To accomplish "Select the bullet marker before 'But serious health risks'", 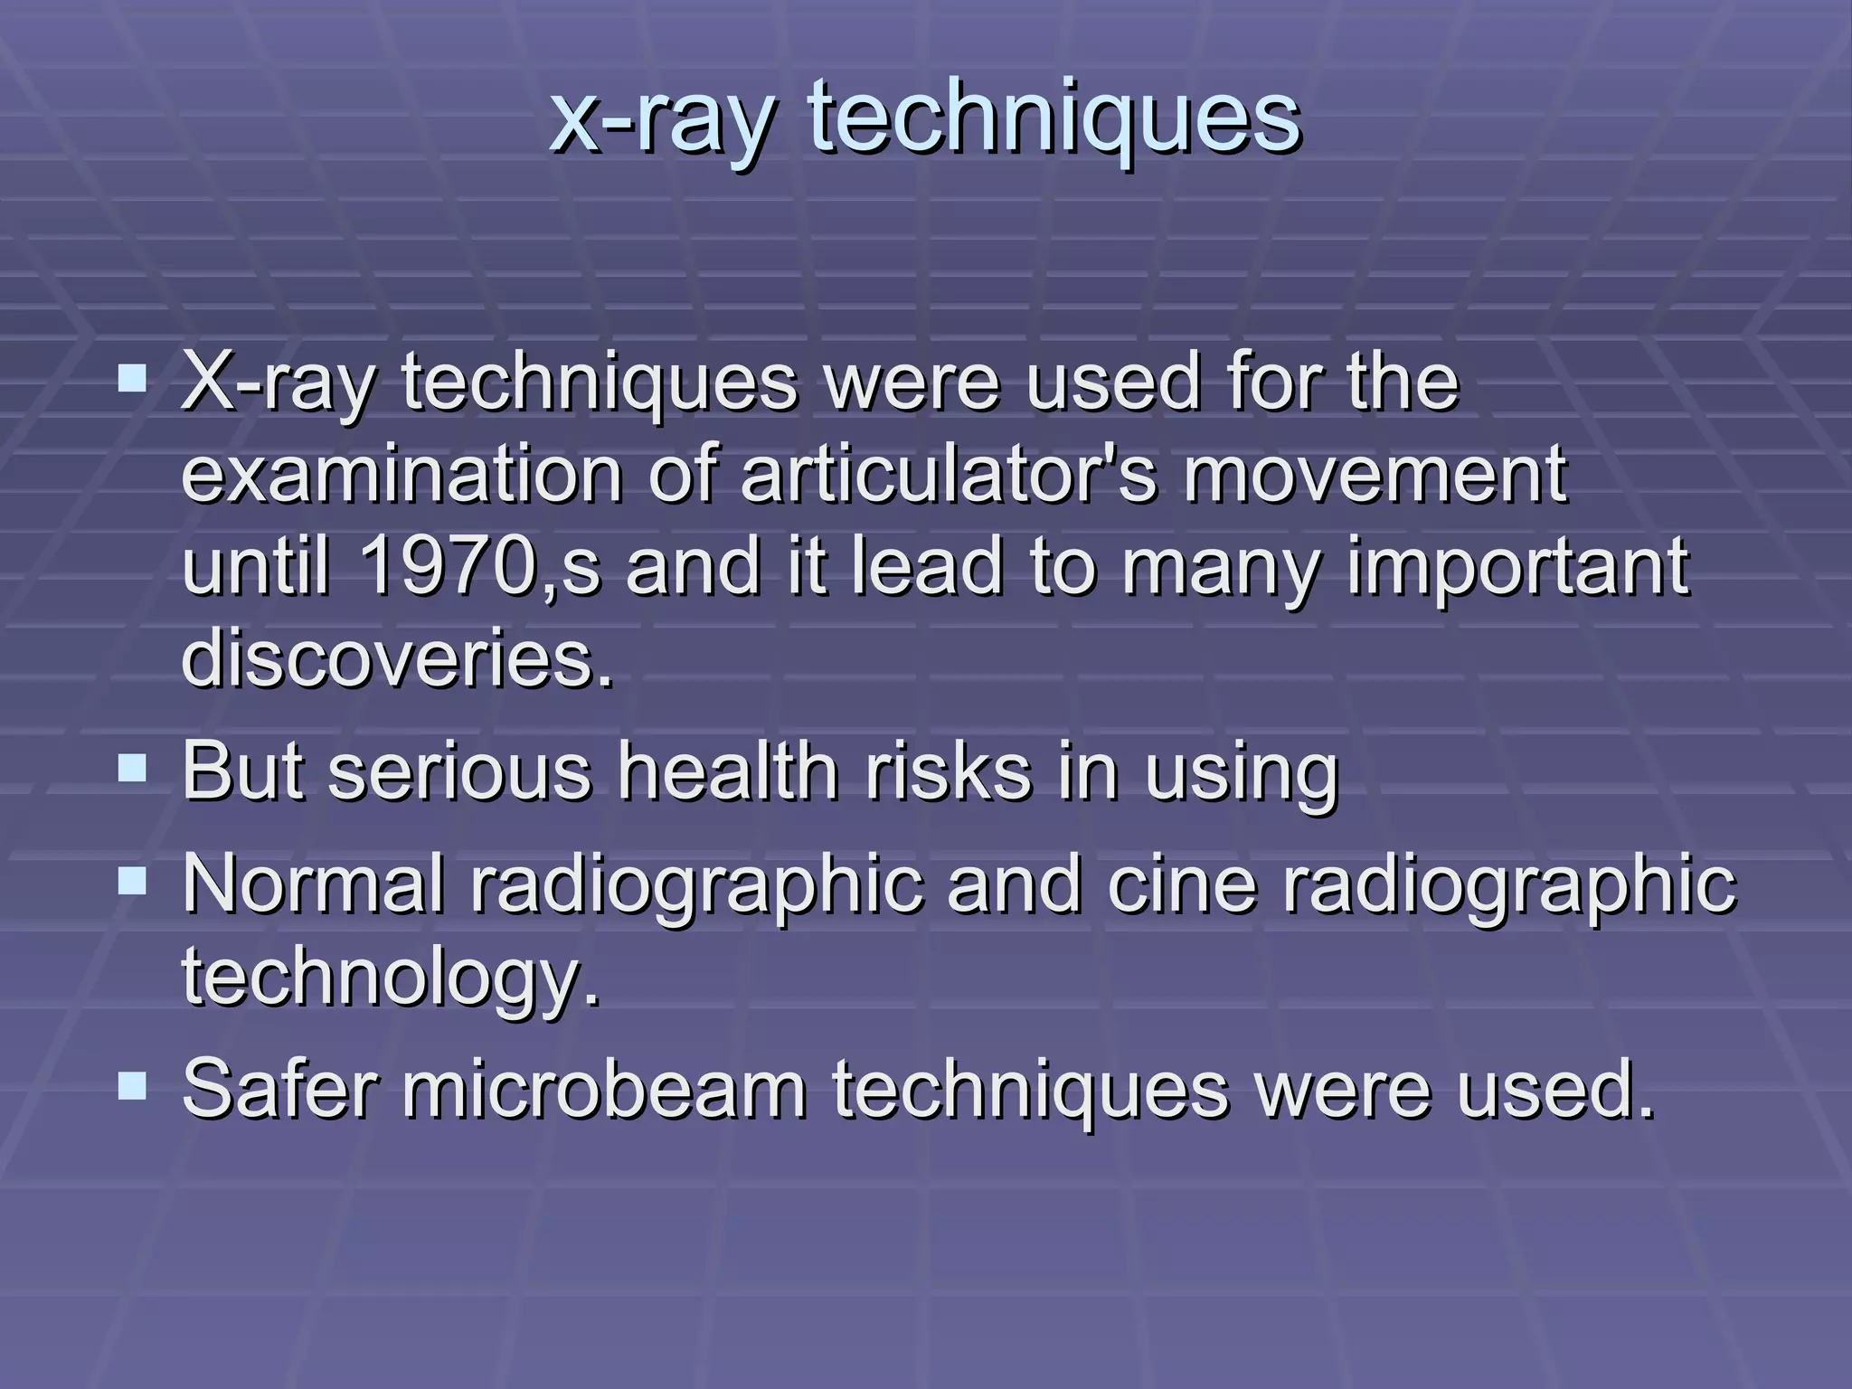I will (x=132, y=770).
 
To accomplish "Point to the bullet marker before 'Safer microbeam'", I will (x=132, y=1085).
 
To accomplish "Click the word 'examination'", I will (x=402, y=474).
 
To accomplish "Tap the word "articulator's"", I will (x=949, y=474).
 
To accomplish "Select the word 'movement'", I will (x=1375, y=474).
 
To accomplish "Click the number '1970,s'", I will (x=479, y=567).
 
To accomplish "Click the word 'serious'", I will (x=458, y=772).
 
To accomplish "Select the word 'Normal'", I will (x=313, y=883).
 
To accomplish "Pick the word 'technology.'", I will (x=391, y=978).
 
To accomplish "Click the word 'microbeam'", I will (x=604, y=1089).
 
